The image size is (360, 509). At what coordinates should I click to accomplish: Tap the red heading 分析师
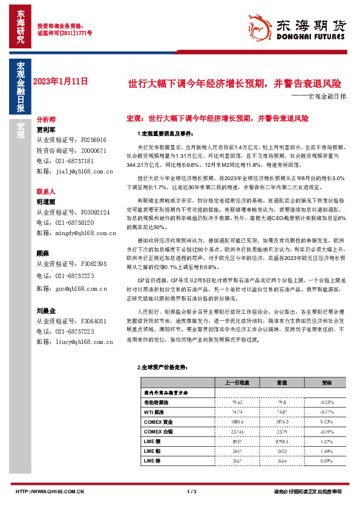(x=46, y=120)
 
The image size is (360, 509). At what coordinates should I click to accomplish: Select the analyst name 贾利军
(x=46, y=129)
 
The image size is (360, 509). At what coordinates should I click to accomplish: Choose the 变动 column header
(x=326, y=382)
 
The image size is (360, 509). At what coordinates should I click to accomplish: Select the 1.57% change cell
(x=326, y=442)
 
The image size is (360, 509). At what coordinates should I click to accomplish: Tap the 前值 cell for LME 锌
(x=281, y=461)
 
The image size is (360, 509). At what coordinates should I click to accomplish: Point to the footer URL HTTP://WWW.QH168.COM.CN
(x=43, y=491)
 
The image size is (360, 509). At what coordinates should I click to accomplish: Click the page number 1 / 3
(x=192, y=491)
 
